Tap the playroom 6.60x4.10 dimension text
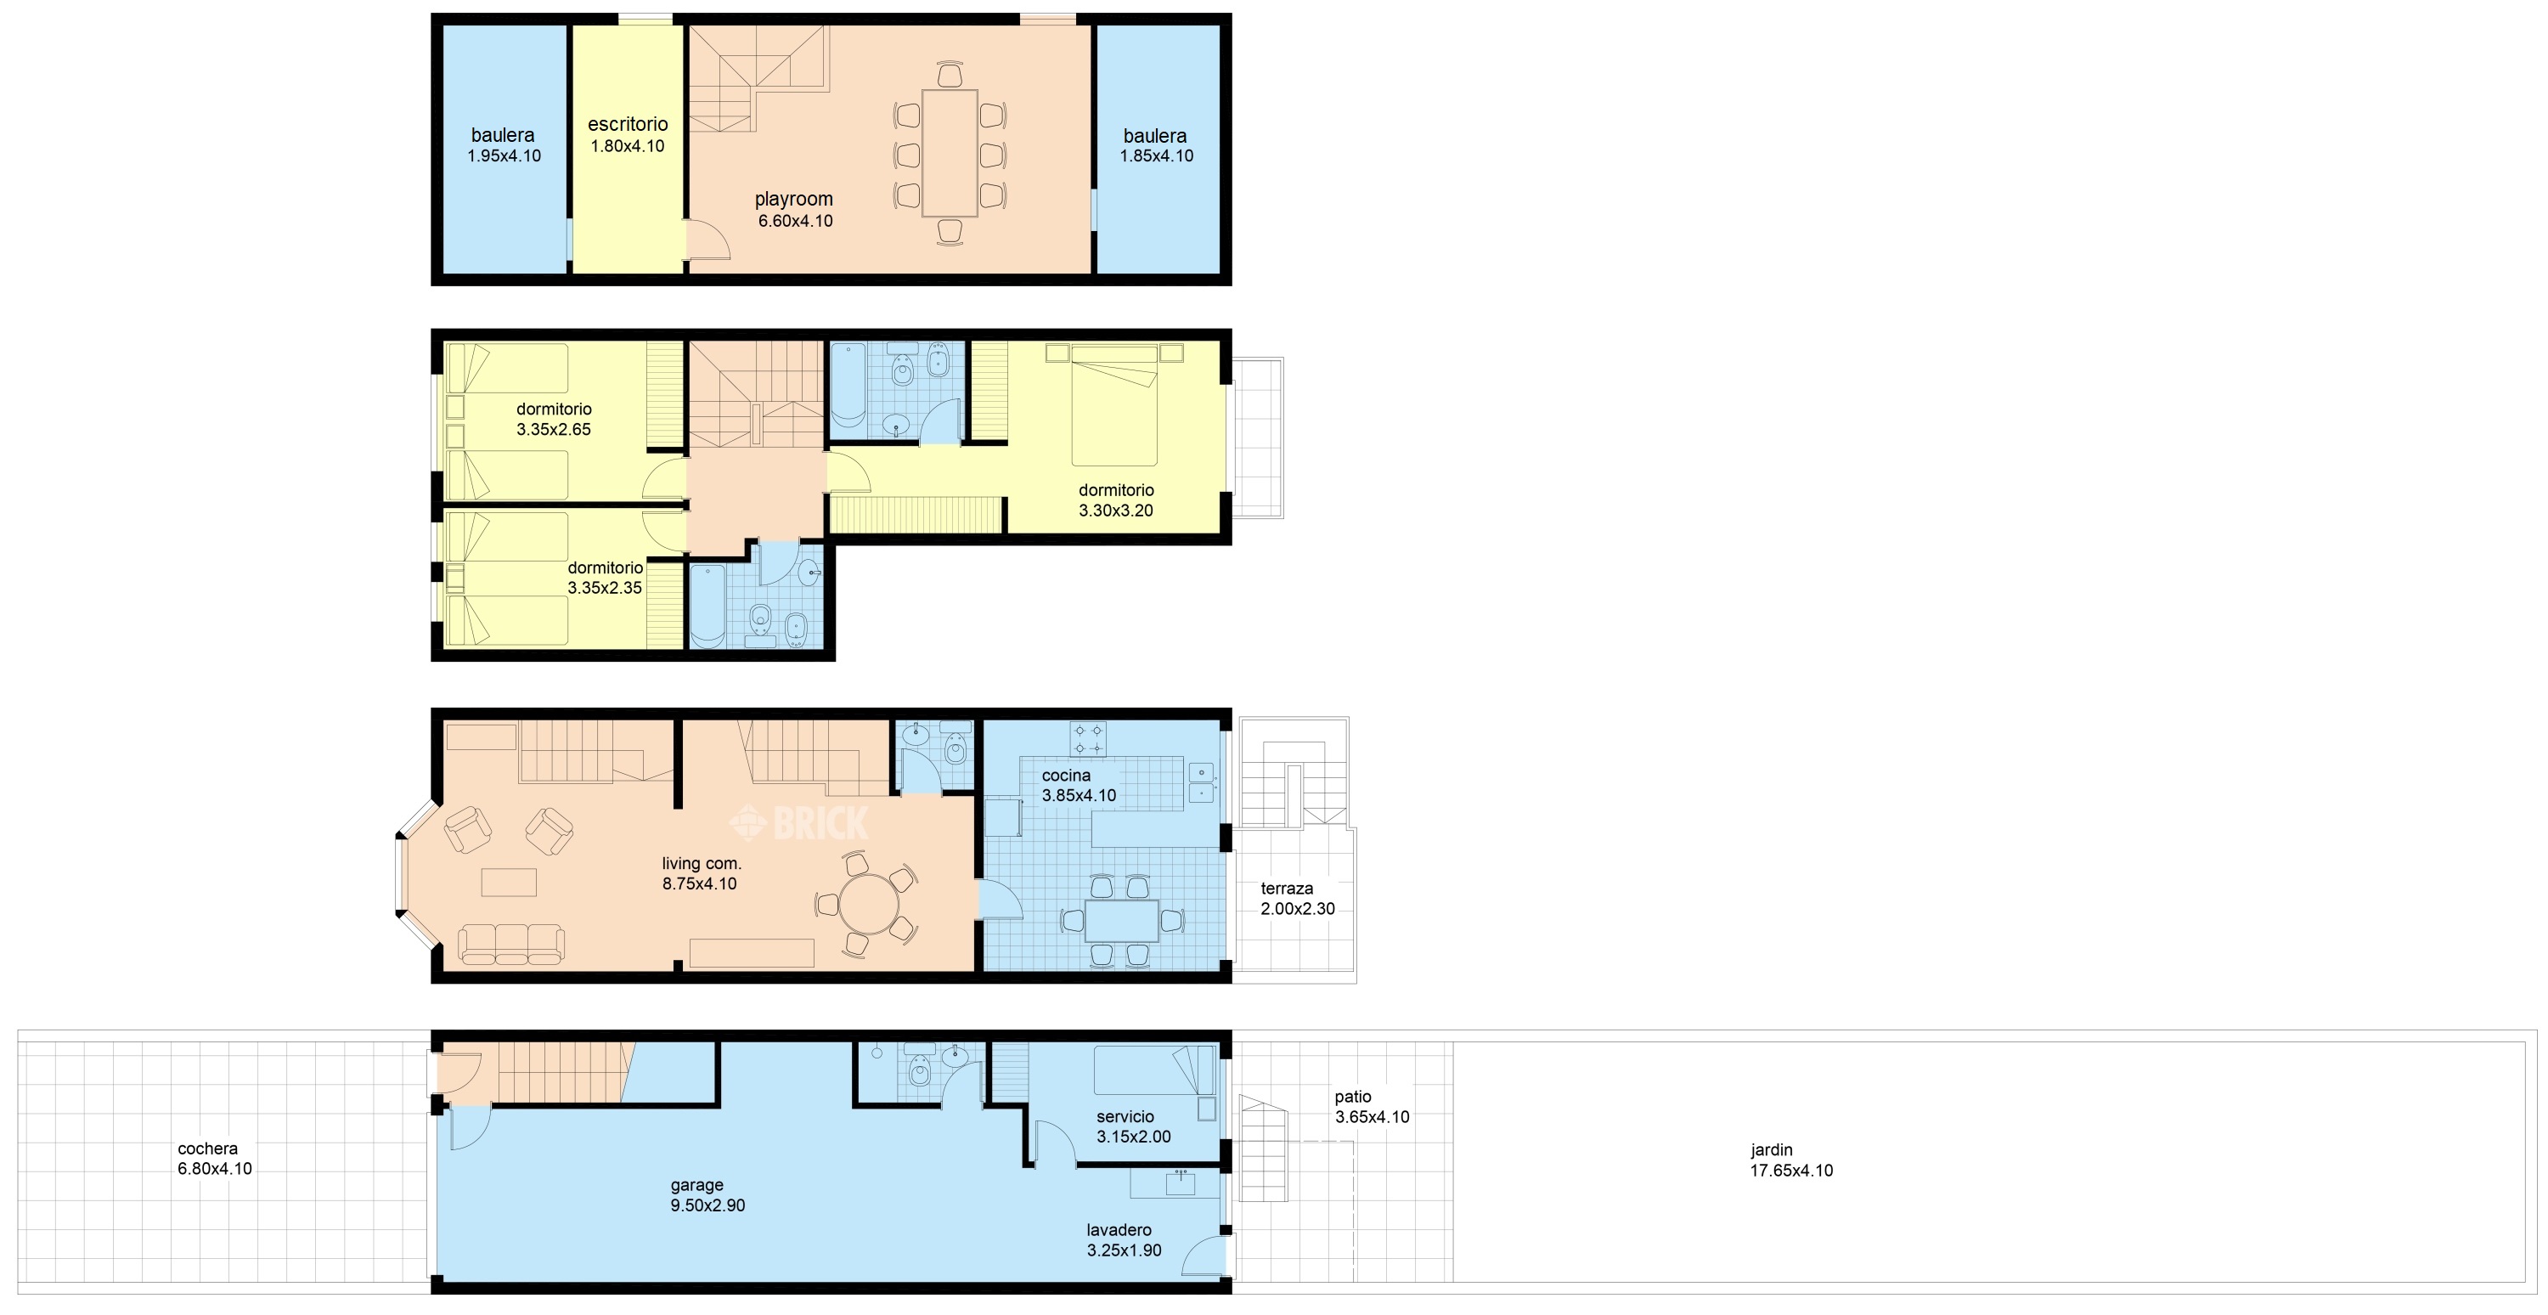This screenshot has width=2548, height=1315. pos(795,221)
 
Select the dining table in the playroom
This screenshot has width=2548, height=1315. pos(950,154)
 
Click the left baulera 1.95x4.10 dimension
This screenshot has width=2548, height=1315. pos(504,155)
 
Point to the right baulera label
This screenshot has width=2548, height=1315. pos(1154,136)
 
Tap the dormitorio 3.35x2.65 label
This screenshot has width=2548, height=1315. pos(554,409)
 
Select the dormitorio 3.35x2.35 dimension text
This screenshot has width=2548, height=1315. pos(605,588)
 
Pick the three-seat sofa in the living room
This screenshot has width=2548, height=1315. pos(510,944)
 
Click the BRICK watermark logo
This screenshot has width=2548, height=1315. pos(798,822)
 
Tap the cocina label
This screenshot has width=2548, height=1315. pos(1066,776)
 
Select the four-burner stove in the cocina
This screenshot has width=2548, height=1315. pos(1087,739)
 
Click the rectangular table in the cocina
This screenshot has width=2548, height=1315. pos(1122,920)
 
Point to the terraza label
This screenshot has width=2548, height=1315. pos(1287,889)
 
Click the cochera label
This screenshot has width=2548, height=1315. pos(208,1149)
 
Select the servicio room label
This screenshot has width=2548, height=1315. pos(1125,1116)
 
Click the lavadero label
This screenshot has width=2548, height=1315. pos(1119,1230)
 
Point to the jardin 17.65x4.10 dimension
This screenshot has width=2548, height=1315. pos(1791,1171)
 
